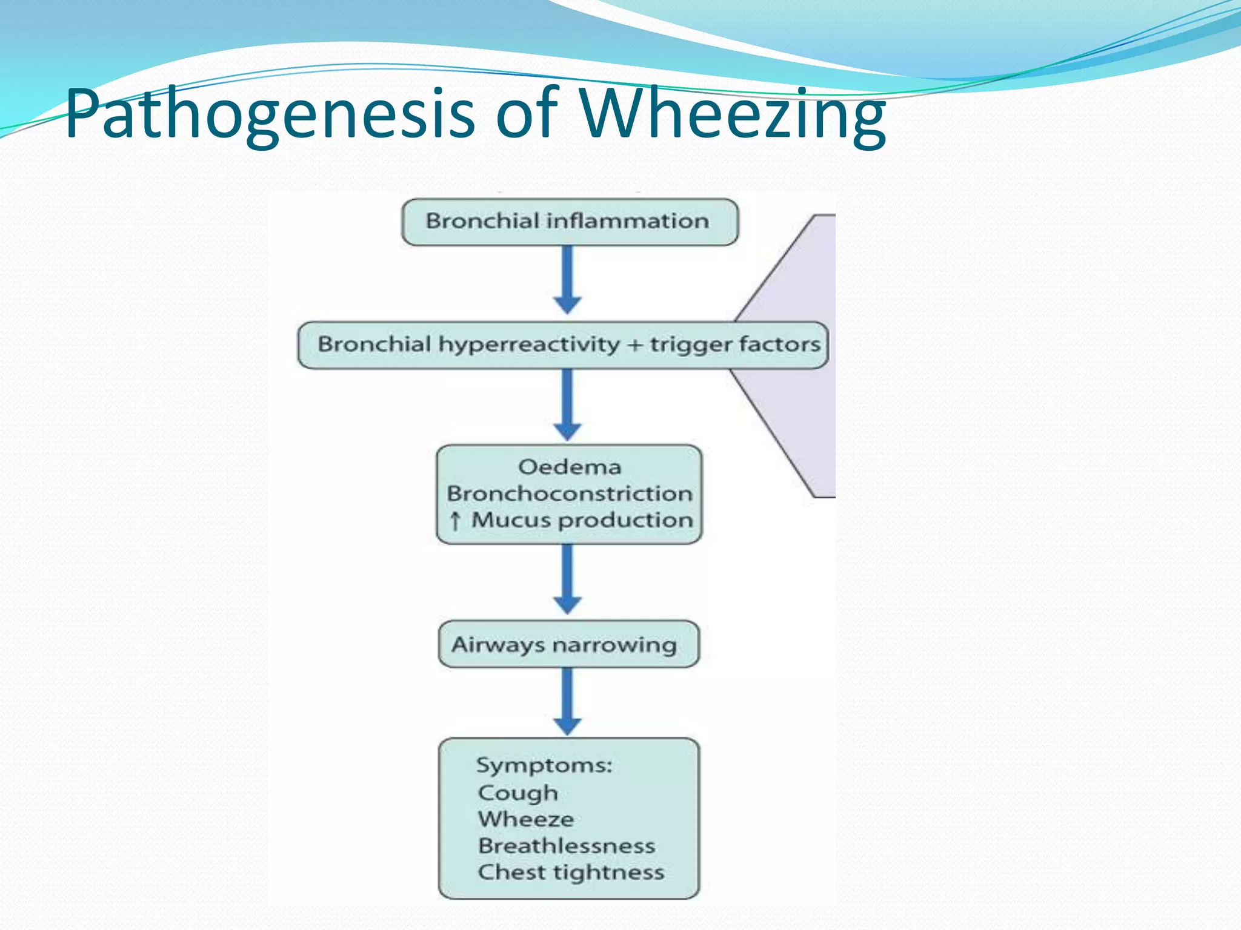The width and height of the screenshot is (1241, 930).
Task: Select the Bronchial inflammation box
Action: [x=569, y=222]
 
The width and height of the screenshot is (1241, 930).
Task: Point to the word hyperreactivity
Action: [x=529, y=345]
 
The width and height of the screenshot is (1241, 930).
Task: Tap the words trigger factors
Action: [x=735, y=345]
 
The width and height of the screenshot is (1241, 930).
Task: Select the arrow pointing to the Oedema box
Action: [x=568, y=405]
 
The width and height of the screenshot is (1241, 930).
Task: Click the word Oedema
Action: [x=570, y=467]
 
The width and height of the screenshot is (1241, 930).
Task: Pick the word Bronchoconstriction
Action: [x=570, y=493]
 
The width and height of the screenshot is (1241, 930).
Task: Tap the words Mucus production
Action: [x=582, y=520]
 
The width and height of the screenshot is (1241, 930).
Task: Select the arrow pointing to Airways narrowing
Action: [x=568, y=579]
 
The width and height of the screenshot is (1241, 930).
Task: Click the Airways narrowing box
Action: [x=568, y=644]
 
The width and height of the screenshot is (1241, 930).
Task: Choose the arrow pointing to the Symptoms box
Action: [x=568, y=701]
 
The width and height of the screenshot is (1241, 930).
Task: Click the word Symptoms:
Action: [x=544, y=765]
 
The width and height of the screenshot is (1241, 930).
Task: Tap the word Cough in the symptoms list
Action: [x=517, y=793]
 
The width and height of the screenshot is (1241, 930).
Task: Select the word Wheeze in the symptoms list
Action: [x=526, y=819]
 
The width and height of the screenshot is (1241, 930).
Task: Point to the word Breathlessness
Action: [x=567, y=846]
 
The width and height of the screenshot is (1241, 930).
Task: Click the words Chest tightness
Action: [x=571, y=872]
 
